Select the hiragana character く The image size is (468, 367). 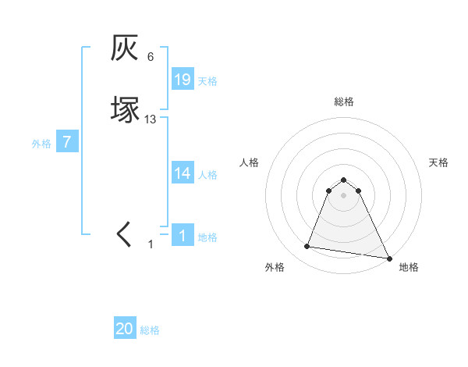[x=125, y=235]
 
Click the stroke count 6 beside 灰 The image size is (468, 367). [x=151, y=57]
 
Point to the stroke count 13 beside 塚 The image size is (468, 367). [x=151, y=119]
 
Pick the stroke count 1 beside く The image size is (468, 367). [x=151, y=244]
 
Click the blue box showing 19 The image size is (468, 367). [x=183, y=80]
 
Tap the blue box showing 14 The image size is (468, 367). [x=183, y=173]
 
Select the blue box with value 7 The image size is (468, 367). [x=68, y=142]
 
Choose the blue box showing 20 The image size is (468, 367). [x=125, y=329]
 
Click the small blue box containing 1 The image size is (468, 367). [x=183, y=236]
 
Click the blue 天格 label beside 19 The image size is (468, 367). [x=207, y=80]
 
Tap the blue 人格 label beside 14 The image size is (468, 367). [x=207, y=174]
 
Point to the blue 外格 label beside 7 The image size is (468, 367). [x=41, y=143]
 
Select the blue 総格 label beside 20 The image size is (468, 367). [x=150, y=330]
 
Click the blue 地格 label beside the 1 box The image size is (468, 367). [x=207, y=237]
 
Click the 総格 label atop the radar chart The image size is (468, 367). [x=344, y=102]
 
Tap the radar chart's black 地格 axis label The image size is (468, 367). [x=409, y=267]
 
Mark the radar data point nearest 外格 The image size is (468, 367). [x=307, y=247]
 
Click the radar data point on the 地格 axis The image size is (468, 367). [x=388, y=258]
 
